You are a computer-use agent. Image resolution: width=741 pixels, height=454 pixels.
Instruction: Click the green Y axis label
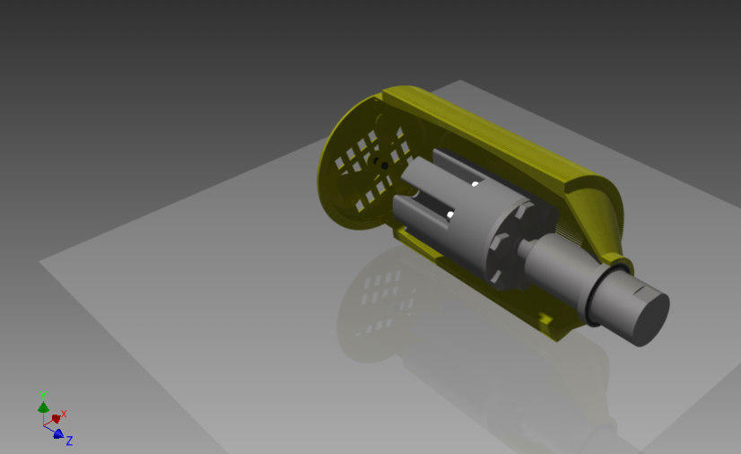tap(43, 394)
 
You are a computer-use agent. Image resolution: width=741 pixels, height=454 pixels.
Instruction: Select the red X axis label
tap(64, 414)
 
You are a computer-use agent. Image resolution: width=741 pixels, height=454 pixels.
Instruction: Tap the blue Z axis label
tap(69, 441)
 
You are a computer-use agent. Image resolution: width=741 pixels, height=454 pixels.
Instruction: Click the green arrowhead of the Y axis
tap(43, 407)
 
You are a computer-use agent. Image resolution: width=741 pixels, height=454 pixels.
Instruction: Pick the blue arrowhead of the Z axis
tap(58, 434)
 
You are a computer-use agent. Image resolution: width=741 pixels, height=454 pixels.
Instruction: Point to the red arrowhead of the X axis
tap(56, 418)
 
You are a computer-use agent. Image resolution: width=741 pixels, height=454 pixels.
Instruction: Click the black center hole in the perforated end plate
tap(384, 165)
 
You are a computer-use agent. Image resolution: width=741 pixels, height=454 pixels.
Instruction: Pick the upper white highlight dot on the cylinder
tap(475, 185)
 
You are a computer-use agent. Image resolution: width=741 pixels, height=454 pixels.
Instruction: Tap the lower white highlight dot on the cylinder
tap(450, 214)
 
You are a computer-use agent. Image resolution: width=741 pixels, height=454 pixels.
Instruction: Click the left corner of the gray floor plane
tap(41, 262)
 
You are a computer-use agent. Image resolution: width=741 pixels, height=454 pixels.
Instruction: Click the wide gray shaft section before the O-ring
tap(556, 269)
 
